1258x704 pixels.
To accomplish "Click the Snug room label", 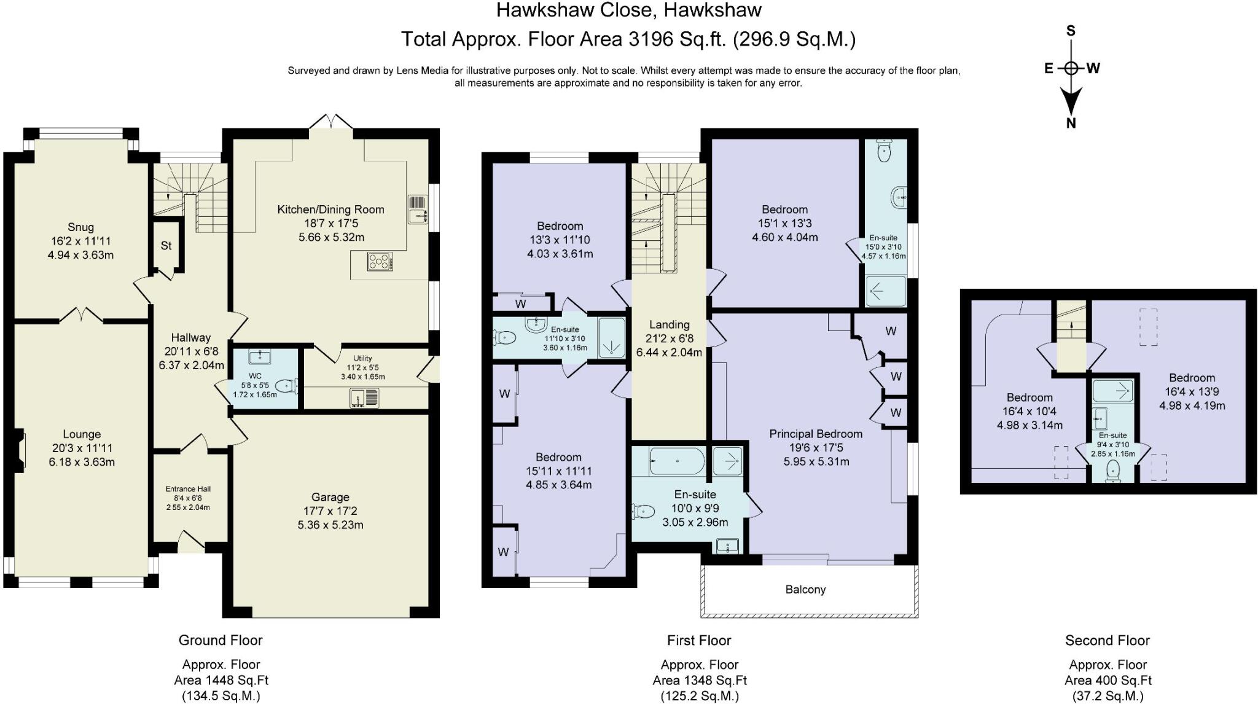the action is (81, 227).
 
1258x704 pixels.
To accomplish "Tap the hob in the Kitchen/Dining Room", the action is (380, 262).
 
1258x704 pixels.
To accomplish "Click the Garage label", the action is (330, 497).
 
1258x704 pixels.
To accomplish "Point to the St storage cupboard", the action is (166, 246).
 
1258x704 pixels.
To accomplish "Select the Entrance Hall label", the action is (188, 489).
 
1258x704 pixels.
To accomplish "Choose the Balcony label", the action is (805, 590).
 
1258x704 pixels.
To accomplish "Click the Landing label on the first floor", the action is (670, 324).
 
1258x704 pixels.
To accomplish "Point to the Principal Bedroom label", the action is (816, 434).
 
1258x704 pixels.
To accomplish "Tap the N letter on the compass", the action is (1071, 123).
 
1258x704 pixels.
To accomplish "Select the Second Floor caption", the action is (1107, 641).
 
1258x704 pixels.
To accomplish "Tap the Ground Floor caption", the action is (221, 640).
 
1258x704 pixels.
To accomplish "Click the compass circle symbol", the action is (1071, 68).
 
